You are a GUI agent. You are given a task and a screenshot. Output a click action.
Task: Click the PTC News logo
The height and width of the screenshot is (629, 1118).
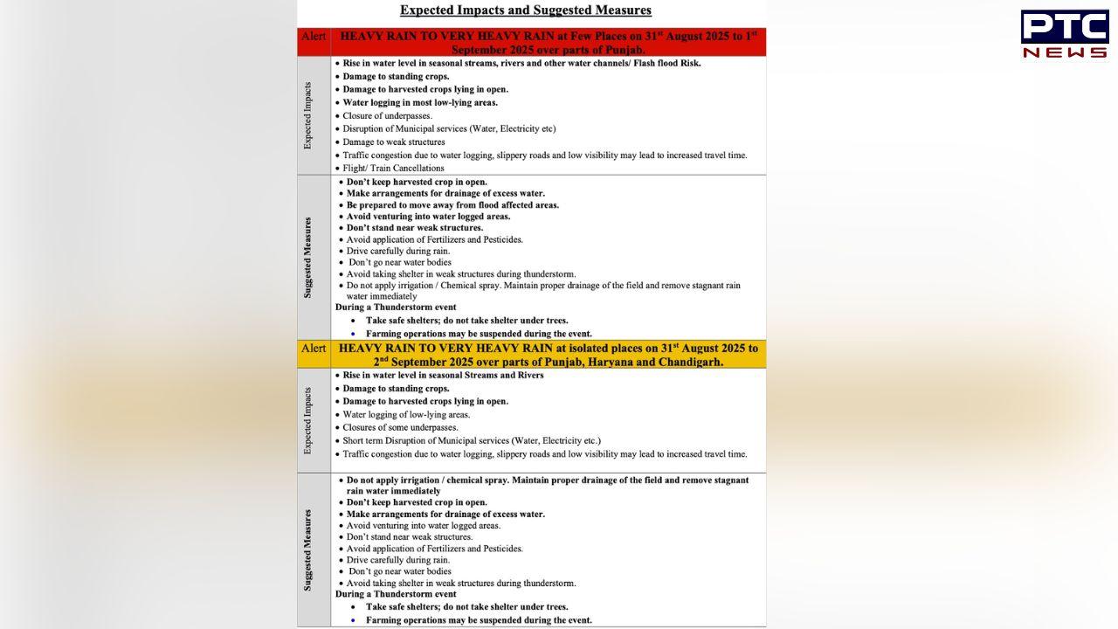(x=1064, y=35)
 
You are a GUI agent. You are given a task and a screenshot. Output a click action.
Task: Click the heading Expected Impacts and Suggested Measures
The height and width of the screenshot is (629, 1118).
(x=525, y=10)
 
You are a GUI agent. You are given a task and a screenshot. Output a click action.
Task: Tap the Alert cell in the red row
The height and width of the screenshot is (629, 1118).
(x=314, y=37)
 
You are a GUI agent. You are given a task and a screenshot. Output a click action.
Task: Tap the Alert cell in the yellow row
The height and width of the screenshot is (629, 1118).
(x=314, y=349)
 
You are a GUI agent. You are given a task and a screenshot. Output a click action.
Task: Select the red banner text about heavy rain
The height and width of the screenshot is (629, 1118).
(x=548, y=43)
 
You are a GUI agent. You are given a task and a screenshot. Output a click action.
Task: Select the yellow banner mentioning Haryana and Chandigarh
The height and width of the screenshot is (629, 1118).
(x=548, y=355)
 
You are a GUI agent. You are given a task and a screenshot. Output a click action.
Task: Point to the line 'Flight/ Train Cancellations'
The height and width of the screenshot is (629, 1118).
(x=393, y=168)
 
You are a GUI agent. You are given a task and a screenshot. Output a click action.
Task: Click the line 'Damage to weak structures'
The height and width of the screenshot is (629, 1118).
(x=393, y=142)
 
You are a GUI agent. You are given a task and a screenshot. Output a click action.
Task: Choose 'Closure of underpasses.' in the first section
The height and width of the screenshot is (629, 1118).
(x=387, y=115)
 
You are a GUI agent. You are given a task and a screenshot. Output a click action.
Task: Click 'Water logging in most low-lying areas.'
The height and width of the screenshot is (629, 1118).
(x=420, y=102)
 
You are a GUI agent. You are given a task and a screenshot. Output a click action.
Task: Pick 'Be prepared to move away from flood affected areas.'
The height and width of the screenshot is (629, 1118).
(x=452, y=205)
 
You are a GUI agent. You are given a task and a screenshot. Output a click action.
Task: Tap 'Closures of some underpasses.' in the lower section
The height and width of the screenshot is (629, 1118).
(x=400, y=427)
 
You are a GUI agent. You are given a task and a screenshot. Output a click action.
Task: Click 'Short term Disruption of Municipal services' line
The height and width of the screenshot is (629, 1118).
(x=472, y=440)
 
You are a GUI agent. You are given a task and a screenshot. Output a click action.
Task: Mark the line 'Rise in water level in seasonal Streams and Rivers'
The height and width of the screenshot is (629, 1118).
(x=443, y=375)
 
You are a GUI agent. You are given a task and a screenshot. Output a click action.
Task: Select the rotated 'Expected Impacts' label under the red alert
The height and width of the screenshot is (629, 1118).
(x=307, y=116)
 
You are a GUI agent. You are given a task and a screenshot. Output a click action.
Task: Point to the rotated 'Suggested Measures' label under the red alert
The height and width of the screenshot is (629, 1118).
(x=307, y=258)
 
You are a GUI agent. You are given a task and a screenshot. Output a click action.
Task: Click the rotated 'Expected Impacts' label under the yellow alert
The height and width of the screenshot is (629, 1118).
(x=307, y=420)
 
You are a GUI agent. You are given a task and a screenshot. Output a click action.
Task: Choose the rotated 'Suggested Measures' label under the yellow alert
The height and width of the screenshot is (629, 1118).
(x=307, y=550)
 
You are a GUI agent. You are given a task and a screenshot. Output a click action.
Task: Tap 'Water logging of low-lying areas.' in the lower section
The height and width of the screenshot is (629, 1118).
(x=406, y=414)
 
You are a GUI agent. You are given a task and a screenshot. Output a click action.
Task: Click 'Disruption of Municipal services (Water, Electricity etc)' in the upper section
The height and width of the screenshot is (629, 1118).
(x=449, y=128)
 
